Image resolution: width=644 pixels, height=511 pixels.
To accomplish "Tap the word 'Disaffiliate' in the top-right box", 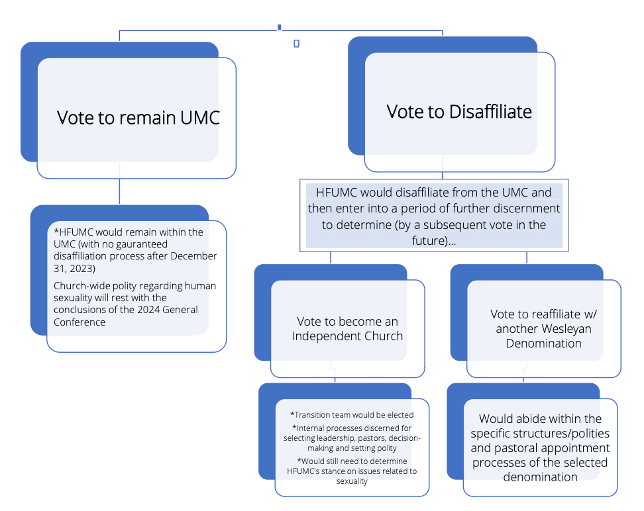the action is coord(490,112).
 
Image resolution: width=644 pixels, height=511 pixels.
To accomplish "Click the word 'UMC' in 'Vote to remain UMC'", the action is coord(200,118).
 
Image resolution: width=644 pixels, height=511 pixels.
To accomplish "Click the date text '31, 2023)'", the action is coord(74,269).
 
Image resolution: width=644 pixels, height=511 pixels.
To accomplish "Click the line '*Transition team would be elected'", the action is coord(352,415).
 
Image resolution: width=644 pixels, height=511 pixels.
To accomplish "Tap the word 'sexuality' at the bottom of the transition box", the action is coord(352,481).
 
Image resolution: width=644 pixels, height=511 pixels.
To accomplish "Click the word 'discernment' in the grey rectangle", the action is coord(526,209).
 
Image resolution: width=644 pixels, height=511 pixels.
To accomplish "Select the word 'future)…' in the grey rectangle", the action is coord(434,240).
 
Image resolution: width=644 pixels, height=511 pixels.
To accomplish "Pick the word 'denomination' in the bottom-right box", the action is coord(540,477).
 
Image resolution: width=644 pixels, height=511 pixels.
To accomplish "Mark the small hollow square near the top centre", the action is coord(297,44).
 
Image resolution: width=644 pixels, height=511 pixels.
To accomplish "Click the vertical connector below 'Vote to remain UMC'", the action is coord(119,191).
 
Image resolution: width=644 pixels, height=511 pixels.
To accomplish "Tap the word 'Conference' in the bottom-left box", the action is coord(80,322).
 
